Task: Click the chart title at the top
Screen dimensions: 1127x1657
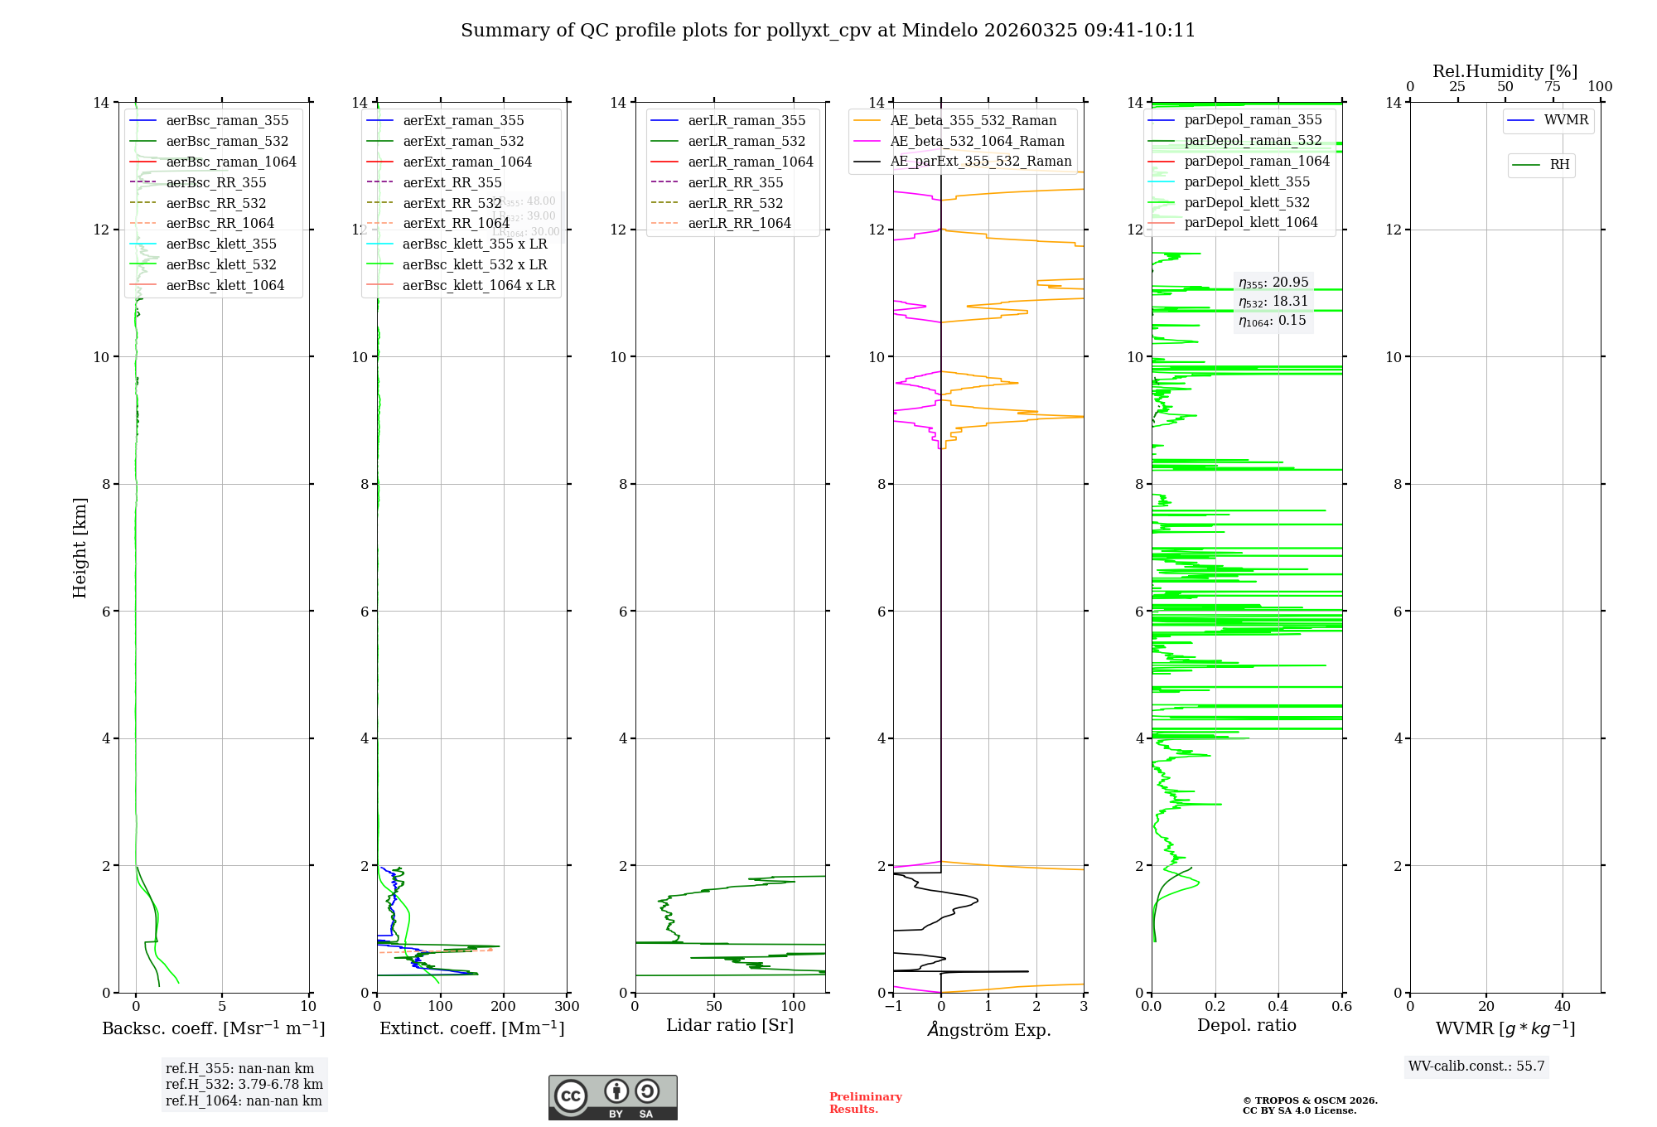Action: pos(828,31)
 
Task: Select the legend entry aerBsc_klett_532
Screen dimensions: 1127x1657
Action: pos(220,264)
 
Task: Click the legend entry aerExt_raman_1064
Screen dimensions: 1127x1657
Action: pos(467,162)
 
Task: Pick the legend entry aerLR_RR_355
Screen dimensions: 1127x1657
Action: pos(735,182)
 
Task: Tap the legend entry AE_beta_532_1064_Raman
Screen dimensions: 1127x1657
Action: pos(977,141)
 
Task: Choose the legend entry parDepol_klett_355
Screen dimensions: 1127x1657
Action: pos(1247,181)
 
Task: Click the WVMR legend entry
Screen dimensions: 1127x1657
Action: pos(1566,120)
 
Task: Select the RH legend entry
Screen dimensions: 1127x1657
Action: pos(1559,165)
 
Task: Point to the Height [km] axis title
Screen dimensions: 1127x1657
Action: pos(80,547)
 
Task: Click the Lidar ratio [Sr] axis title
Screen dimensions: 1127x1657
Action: pos(730,1025)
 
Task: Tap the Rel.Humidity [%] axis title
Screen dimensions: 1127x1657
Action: pos(1505,71)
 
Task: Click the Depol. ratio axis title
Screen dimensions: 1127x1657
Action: pos(1246,1025)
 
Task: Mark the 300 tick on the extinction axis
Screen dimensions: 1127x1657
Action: pos(568,1007)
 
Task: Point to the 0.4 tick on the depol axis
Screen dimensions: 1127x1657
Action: pos(1278,1007)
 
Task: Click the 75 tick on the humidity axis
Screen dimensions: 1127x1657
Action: pos(1553,87)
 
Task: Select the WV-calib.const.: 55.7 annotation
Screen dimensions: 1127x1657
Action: pos(1476,1067)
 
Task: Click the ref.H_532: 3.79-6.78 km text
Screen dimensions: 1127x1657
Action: pos(244,1085)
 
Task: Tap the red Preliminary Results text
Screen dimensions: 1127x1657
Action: pos(865,1103)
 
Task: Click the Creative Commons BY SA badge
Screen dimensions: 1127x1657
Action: pos(612,1098)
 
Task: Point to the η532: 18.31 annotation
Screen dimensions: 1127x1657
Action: pos(1273,302)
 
